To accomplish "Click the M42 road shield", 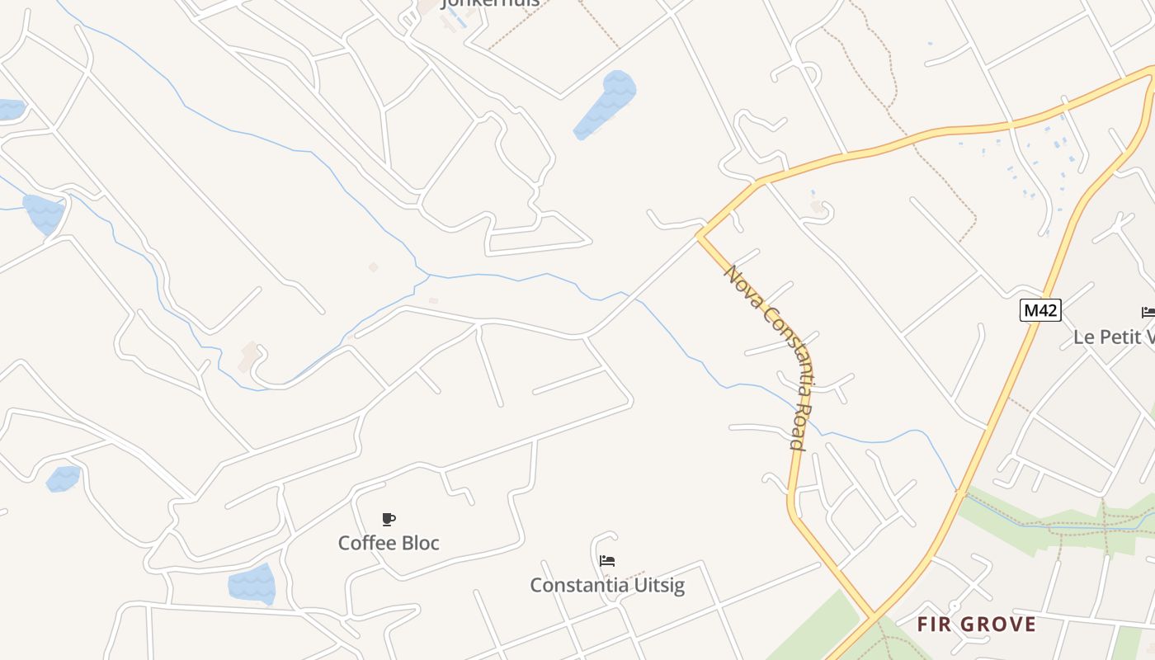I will (x=1039, y=310).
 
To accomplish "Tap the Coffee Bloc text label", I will (x=389, y=543).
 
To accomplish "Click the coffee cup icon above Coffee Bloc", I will (x=389, y=519).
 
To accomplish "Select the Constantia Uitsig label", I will (x=607, y=585).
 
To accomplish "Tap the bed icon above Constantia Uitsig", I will (x=607, y=561).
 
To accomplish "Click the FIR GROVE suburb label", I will (x=976, y=624).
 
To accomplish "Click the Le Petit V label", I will (x=1114, y=337).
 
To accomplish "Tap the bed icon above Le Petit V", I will (x=1148, y=312).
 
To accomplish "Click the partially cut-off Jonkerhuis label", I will (x=492, y=3).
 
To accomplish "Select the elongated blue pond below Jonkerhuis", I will (x=606, y=105).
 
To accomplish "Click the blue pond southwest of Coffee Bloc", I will (x=252, y=583).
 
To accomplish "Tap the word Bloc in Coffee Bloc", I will (x=421, y=543).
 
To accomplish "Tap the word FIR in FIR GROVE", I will (x=932, y=624).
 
